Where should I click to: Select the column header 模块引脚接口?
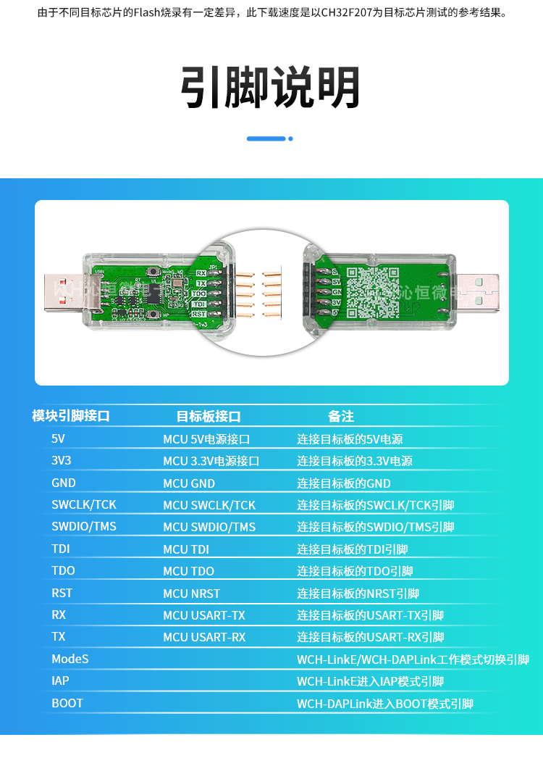(71, 416)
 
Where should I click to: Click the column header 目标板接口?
(209, 416)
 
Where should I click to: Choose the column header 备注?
(341, 416)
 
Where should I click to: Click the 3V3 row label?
(62, 461)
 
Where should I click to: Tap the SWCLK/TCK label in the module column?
(84, 504)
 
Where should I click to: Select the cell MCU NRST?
(191, 593)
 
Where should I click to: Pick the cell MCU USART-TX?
(204, 615)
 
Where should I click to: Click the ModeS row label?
(70, 659)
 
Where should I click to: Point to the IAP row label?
(60, 681)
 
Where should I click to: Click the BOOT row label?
(67, 703)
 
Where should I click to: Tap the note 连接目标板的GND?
(343, 483)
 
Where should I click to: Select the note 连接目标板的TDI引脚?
(352, 549)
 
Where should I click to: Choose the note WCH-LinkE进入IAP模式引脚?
(370, 681)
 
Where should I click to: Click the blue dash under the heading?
(266, 138)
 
